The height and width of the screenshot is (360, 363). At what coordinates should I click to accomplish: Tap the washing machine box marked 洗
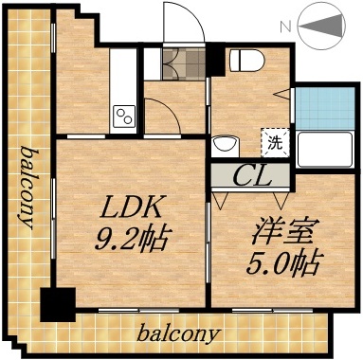pyautogui.click(x=273, y=144)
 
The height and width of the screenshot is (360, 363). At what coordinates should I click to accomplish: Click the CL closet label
pyautogui.click(x=250, y=176)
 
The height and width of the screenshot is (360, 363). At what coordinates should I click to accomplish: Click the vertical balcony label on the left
pyautogui.click(x=29, y=189)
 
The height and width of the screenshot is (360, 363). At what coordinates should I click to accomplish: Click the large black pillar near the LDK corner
pyautogui.click(x=57, y=305)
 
